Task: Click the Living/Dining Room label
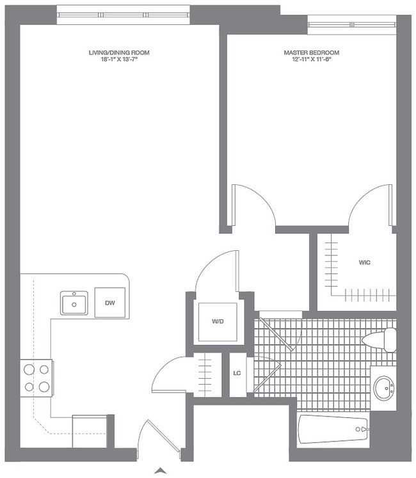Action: (119, 52)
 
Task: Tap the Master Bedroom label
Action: (311, 52)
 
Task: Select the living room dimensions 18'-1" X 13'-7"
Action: (119, 60)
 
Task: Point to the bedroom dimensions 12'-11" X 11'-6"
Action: (311, 60)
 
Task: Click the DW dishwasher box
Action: (110, 303)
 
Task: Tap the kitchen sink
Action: (74, 303)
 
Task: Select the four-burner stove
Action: (36, 378)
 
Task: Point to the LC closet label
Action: (237, 374)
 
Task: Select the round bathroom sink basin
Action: (384, 388)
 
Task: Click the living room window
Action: (123, 14)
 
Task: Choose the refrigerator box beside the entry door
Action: (89, 431)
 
